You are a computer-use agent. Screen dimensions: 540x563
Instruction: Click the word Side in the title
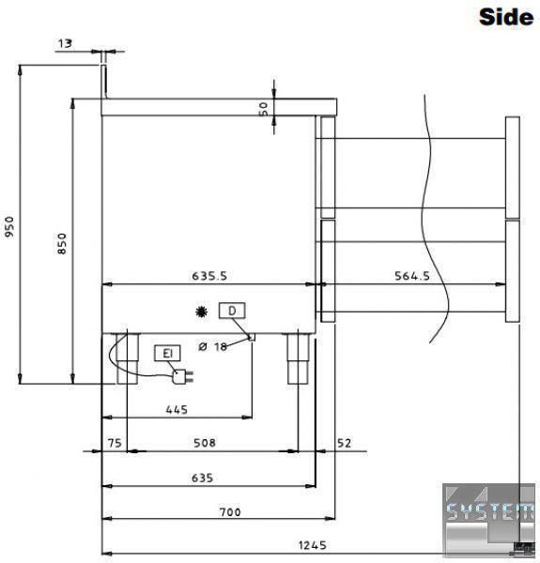point(506,17)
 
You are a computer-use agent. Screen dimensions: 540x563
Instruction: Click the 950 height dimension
point(9,226)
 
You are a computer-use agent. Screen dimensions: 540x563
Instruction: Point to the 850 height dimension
point(62,244)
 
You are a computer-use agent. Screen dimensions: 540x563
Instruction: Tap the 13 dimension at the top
point(65,43)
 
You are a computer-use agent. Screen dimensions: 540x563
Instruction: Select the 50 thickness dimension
point(263,109)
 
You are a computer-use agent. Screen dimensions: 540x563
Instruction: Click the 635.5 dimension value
point(209,276)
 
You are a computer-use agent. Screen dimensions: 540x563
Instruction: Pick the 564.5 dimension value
point(412,276)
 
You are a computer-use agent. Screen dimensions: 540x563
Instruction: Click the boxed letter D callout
point(232,311)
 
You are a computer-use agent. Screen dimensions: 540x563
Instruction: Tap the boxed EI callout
point(167,354)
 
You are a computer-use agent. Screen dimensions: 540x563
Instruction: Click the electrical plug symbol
point(182,377)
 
